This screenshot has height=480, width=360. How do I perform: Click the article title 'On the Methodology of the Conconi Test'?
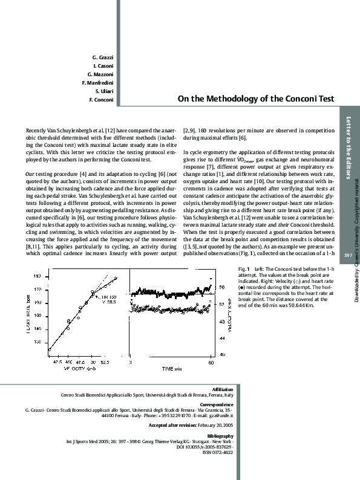256,99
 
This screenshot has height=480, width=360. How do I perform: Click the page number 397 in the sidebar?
348,256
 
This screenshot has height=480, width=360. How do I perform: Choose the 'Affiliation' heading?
223,389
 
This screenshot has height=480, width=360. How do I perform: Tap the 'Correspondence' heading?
217,404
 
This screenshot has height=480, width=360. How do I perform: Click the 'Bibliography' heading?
220,435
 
